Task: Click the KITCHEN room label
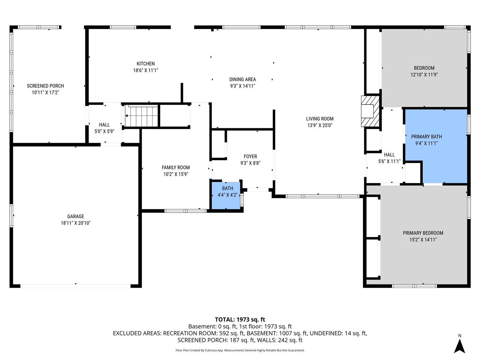(x=145, y=64)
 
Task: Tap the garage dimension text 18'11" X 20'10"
(x=76, y=223)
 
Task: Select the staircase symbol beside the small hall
(x=141, y=117)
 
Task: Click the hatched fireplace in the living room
(x=370, y=112)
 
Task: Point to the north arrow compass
(x=459, y=344)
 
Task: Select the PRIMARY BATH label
(x=426, y=136)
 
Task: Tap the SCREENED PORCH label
(x=45, y=86)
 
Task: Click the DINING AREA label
(x=243, y=79)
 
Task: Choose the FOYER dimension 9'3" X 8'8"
(x=250, y=163)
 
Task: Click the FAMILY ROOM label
(x=176, y=167)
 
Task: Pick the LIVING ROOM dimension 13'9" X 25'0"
(x=319, y=126)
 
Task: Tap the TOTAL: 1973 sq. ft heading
(x=240, y=319)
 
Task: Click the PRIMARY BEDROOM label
(x=423, y=233)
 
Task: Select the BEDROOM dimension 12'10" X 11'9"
(x=424, y=75)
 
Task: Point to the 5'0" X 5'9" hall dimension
(x=104, y=132)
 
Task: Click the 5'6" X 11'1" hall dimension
(x=389, y=161)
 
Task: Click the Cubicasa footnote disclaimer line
(x=240, y=350)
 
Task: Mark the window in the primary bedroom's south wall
(x=414, y=286)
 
